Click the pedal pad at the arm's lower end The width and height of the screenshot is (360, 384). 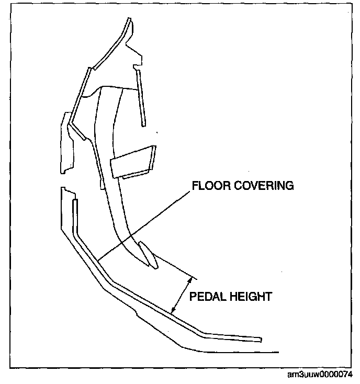coord(148,255)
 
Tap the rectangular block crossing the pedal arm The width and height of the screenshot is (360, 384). coord(133,163)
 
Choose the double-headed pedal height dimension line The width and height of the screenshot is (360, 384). coord(182,296)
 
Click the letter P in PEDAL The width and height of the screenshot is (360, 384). coord(192,297)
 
